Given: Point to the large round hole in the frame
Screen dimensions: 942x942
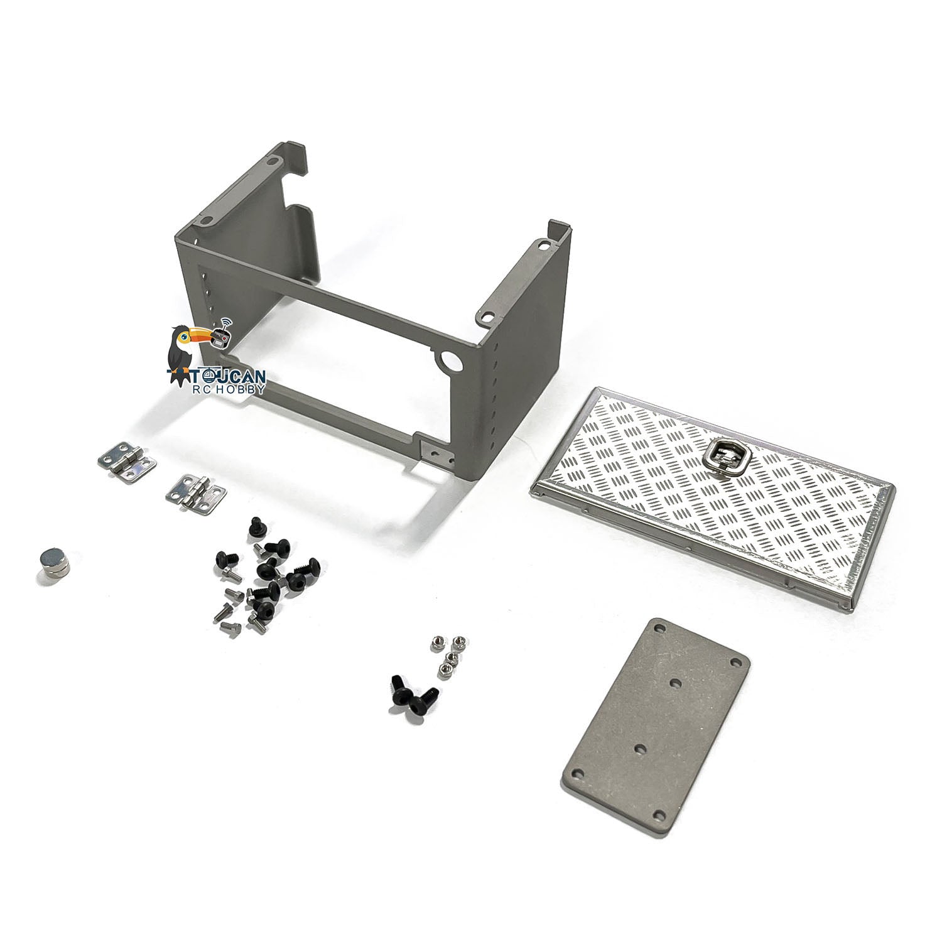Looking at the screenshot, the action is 450,361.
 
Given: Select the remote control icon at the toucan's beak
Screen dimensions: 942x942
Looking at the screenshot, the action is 221,335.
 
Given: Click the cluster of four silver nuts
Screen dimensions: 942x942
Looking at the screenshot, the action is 443,656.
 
